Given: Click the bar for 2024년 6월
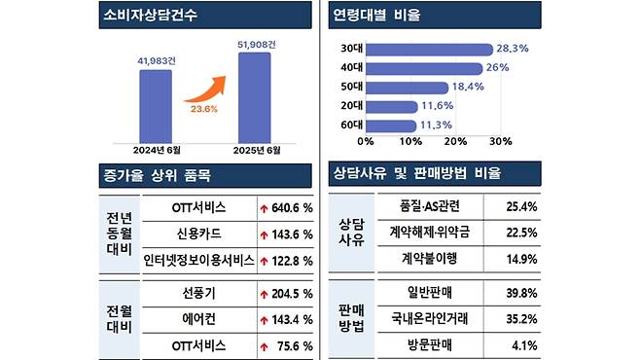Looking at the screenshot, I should pyautogui.click(x=156, y=105).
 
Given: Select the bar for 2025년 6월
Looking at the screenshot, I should pyautogui.click(x=254, y=97).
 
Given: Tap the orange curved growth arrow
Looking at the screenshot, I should pyautogui.click(x=204, y=90).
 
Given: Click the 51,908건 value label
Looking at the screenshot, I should pyautogui.click(x=254, y=44).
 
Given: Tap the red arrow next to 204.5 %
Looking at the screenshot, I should pyautogui.click(x=264, y=294).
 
